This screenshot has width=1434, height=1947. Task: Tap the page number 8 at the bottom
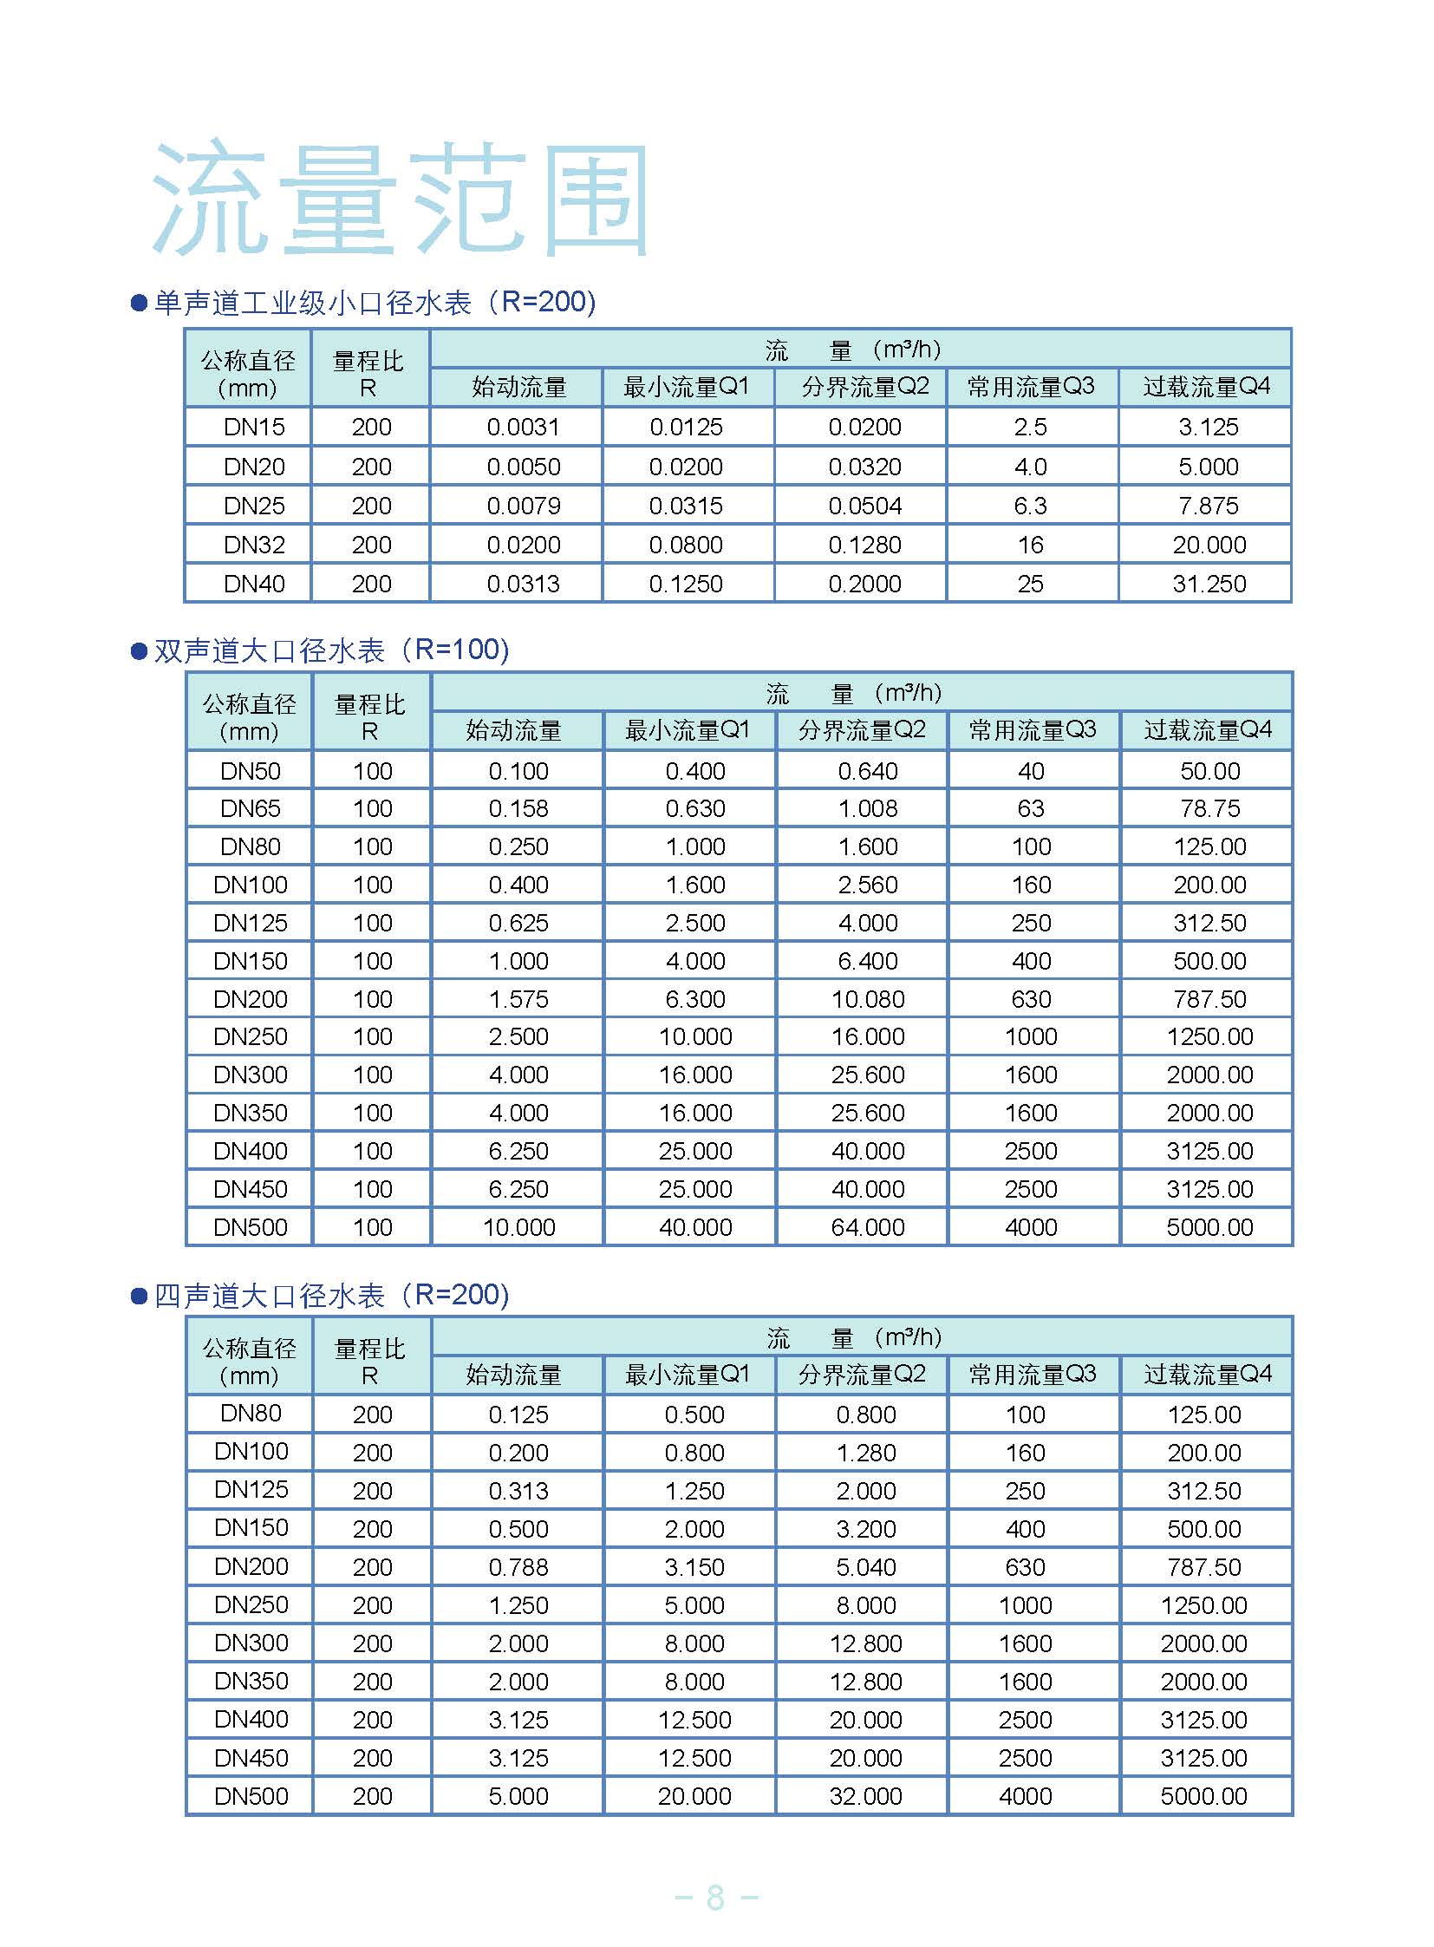[x=715, y=1898]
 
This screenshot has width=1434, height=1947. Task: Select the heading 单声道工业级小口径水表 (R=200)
[x=375, y=302]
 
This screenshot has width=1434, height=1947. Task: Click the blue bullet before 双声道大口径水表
[x=139, y=650]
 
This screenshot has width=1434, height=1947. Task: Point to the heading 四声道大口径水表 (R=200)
[x=330, y=1296]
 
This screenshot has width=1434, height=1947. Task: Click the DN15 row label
[x=253, y=427]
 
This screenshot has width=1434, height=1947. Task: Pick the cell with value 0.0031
[x=523, y=427]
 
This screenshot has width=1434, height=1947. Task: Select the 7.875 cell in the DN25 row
[x=1208, y=506]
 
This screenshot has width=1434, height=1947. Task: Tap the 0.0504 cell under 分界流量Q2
[x=864, y=506]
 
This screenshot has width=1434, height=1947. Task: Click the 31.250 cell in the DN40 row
[x=1209, y=584]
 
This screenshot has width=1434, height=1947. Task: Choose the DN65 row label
[x=250, y=808]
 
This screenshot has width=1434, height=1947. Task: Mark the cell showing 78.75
[x=1209, y=808]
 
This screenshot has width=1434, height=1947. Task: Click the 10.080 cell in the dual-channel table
[x=867, y=999]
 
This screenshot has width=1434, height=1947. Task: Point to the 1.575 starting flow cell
[x=518, y=999]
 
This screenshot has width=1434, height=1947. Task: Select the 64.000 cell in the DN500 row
[x=867, y=1227]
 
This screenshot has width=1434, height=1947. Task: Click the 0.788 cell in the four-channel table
[x=518, y=1566]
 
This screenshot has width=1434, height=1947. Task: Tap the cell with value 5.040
[x=865, y=1566]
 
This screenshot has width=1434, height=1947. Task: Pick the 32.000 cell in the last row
[x=865, y=1795]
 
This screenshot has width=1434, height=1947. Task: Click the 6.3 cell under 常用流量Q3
[x=1030, y=506]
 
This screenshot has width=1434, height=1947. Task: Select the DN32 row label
[x=253, y=545]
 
